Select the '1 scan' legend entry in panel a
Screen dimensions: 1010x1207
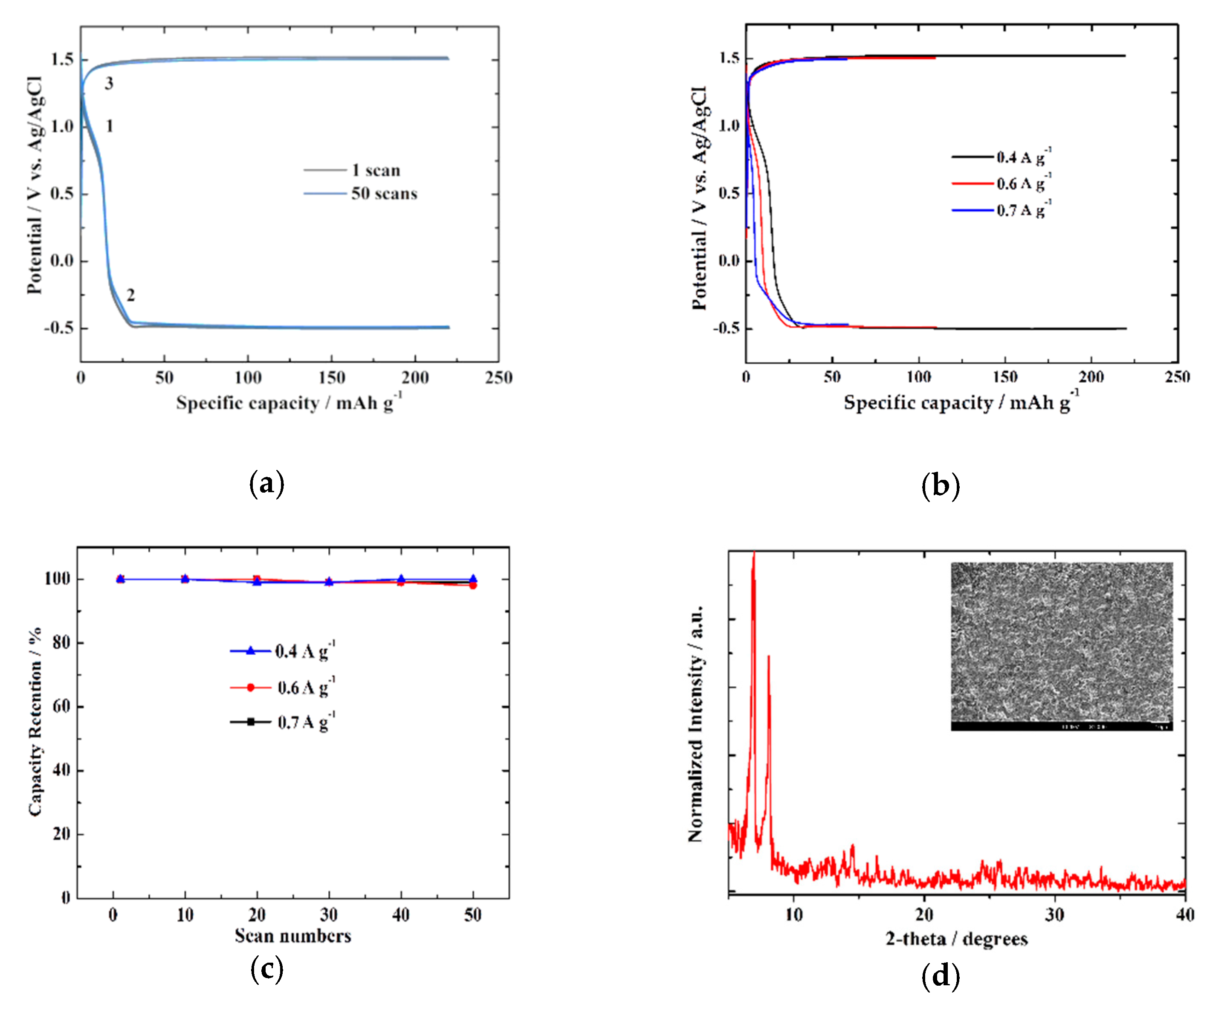click(375, 170)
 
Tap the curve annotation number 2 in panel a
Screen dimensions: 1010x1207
click(130, 295)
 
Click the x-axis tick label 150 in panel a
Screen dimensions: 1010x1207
click(331, 377)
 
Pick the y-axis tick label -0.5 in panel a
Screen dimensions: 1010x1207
click(59, 328)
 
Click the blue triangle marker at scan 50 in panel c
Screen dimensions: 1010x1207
click(472, 579)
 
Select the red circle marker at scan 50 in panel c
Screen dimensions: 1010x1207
click(472, 586)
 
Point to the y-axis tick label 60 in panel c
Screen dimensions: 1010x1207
click(61, 706)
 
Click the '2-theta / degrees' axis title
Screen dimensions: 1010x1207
click(956, 938)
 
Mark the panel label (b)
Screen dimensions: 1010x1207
click(940, 485)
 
